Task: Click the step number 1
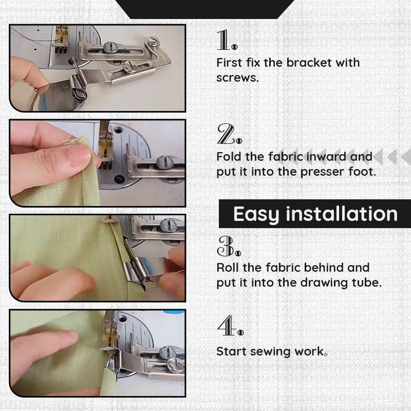[227, 40]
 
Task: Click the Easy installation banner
[315, 214]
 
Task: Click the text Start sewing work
[272, 352]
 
